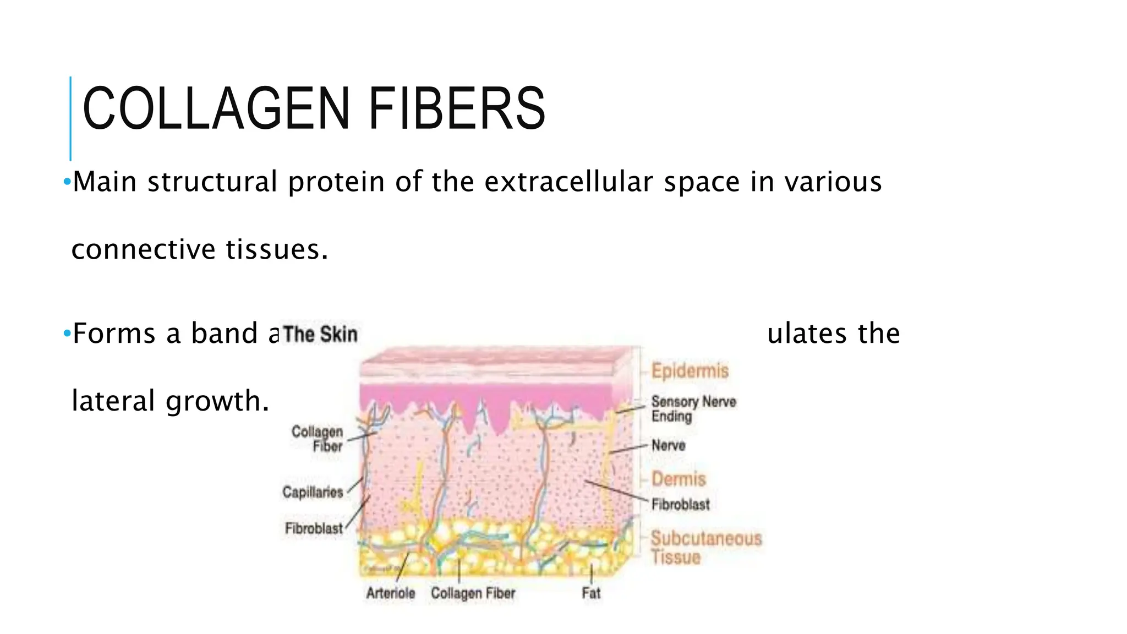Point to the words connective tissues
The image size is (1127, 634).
click(x=200, y=249)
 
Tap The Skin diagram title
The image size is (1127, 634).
click(x=320, y=334)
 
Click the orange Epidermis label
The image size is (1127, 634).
click(x=690, y=370)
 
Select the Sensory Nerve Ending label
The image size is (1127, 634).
click(x=693, y=409)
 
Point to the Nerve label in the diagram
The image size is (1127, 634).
click(x=668, y=445)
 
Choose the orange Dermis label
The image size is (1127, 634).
click(x=679, y=479)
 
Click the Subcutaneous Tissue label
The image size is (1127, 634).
click(x=706, y=547)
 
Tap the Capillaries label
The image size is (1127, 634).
click(x=313, y=491)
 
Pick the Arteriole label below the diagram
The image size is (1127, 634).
click(x=391, y=593)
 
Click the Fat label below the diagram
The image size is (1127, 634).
click(x=591, y=593)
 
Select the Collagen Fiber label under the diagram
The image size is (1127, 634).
click(x=473, y=593)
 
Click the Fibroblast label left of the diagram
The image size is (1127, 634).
click(x=314, y=528)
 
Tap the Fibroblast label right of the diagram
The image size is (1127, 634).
click(x=680, y=504)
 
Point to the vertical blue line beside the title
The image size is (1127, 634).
click(x=70, y=118)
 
